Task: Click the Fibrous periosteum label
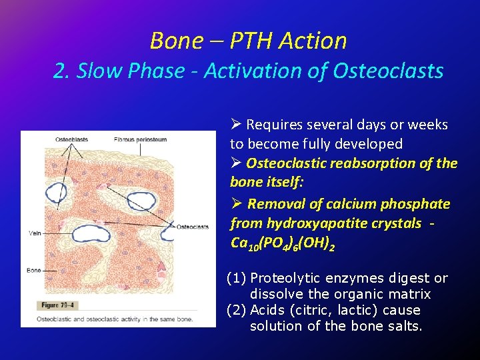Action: click(x=140, y=139)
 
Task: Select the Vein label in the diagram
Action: click(x=35, y=233)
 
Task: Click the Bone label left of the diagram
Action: click(x=34, y=270)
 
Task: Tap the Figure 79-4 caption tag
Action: click(x=59, y=305)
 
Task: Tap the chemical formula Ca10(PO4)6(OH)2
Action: click(x=282, y=243)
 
